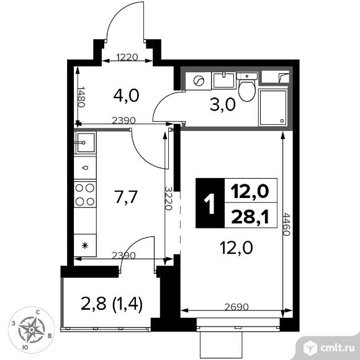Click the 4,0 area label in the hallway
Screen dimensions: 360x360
click(x=126, y=96)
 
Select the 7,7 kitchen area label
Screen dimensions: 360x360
click(x=126, y=197)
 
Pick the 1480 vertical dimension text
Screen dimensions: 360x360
click(x=80, y=96)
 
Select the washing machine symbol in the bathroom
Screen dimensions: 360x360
click(x=199, y=82)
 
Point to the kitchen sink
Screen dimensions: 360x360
click(x=84, y=143)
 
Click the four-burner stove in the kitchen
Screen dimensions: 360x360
click(x=84, y=194)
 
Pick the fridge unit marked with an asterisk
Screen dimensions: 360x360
click(x=84, y=246)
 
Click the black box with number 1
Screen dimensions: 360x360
click(x=209, y=202)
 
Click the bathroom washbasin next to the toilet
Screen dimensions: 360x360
click(x=223, y=79)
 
